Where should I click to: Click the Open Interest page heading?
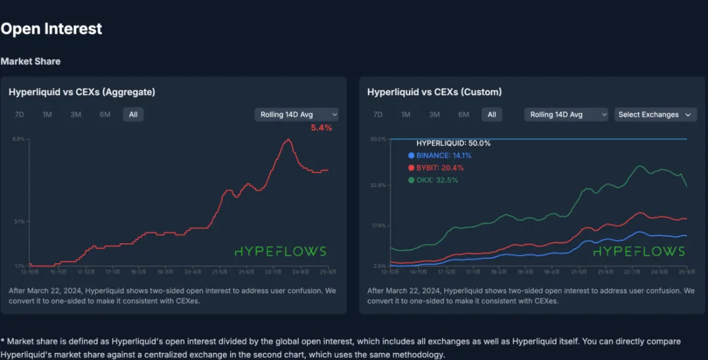point(51,29)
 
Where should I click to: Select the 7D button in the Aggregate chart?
point(20,115)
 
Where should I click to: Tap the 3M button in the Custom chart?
point(434,115)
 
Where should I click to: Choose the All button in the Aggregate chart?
point(133,115)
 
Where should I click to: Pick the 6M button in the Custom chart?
point(463,115)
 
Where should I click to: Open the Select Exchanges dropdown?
point(654,115)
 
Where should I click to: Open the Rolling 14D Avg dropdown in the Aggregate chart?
point(296,115)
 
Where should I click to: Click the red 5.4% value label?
point(321,128)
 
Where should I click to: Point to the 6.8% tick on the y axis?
point(18,139)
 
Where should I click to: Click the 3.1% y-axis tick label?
point(18,222)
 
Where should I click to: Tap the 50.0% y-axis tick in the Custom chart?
point(378,139)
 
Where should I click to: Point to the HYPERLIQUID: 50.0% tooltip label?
point(454,143)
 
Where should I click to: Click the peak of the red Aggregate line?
point(288,139)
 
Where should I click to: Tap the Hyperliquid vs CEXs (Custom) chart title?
point(434,92)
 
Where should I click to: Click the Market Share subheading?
point(30,61)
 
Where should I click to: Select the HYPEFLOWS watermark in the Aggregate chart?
point(280,251)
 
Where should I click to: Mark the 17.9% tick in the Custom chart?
point(378,226)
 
